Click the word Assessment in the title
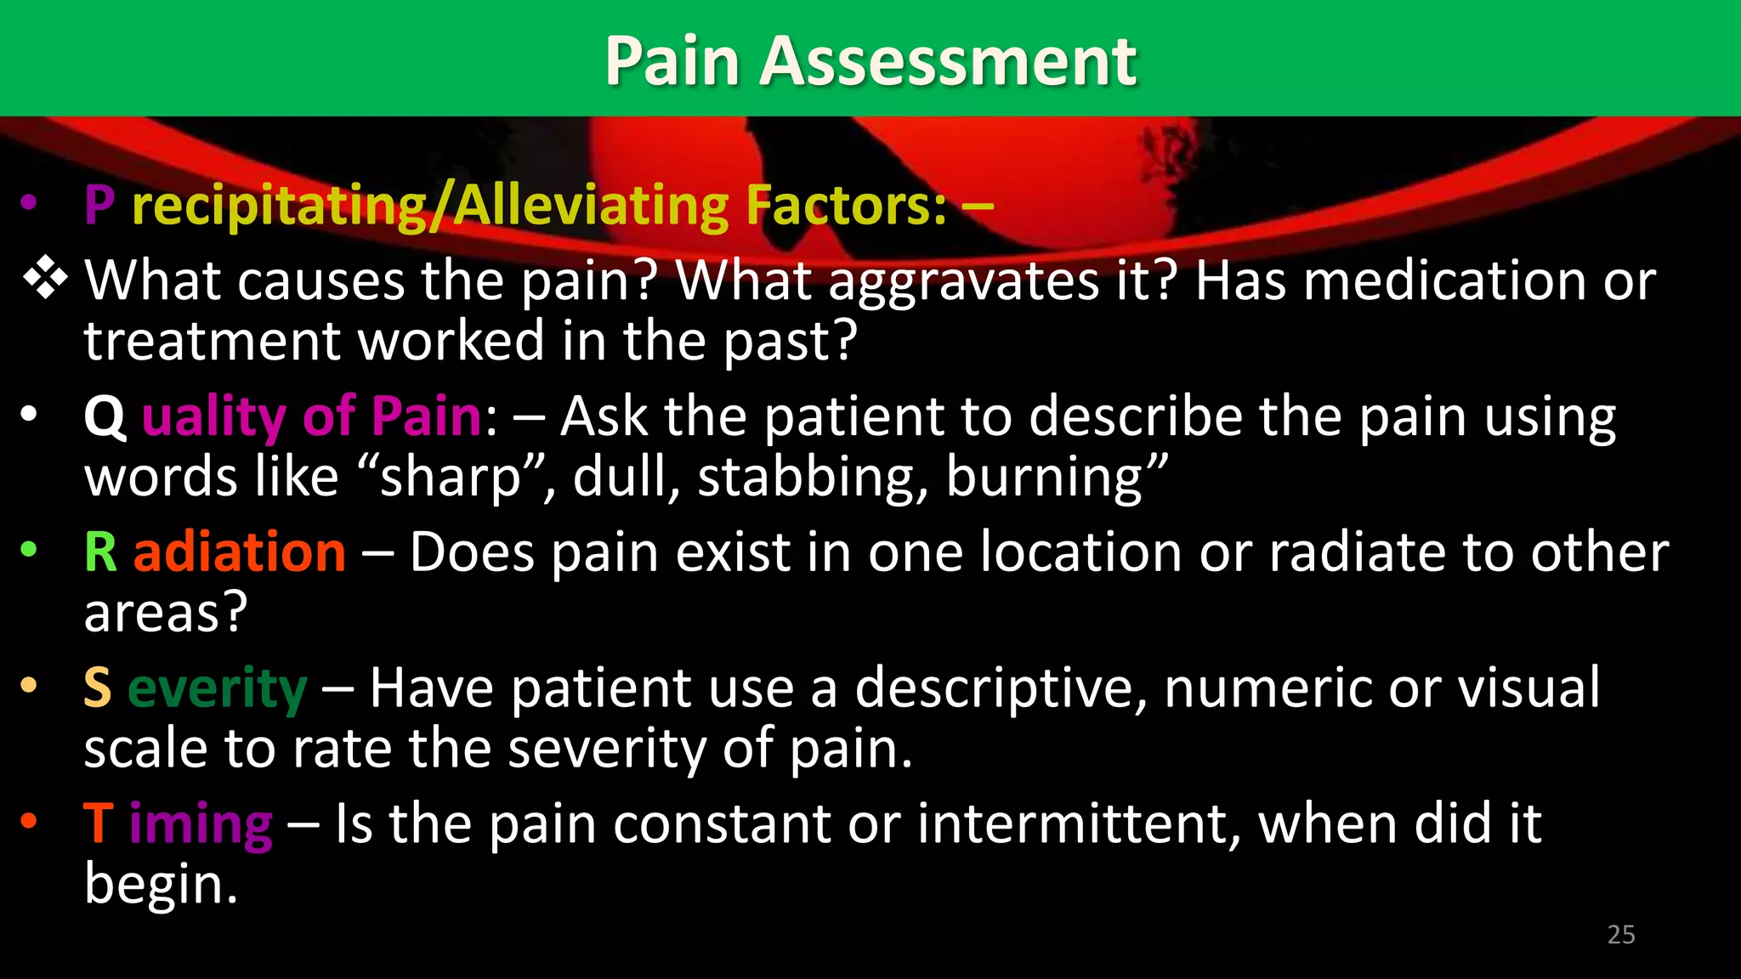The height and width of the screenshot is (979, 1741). pyautogui.click(x=947, y=61)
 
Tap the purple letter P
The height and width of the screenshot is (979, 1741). pyautogui.click(x=99, y=206)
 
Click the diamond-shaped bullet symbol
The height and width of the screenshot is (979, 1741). pyautogui.click(x=45, y=280)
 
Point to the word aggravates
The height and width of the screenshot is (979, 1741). pyautogui.click(x=963, y=281)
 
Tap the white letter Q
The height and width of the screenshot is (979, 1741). pyautogui.click(x=105, y=417)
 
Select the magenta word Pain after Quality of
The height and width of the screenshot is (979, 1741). pyautogui.click(x=427, y=416)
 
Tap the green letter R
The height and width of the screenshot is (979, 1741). pyautogui.click(x=100, y=552)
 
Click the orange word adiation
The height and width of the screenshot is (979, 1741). pyautogui.click(x=240, y=552)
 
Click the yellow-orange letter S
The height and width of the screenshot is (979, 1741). pyautogui.click(x=98, y=688)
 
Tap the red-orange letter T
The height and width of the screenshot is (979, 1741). pyautogui.click(x=98, y=823)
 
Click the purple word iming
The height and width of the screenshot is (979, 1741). pyautogui.click(x=201, y=824)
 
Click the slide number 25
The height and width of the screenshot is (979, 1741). pyautogui.click(x=1620, y=935)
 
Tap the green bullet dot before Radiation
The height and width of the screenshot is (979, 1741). pyautogui.click(x=29, y=550)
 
